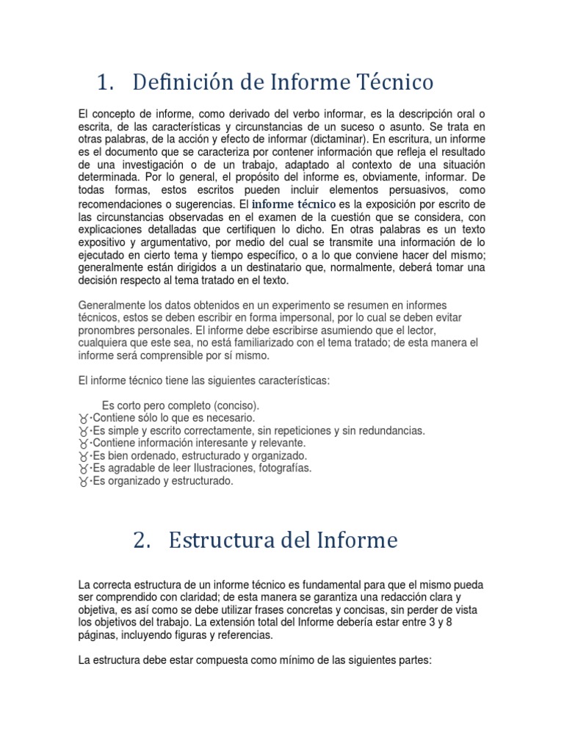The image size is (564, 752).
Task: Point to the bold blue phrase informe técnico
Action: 294,203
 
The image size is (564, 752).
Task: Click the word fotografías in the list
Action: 282,469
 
